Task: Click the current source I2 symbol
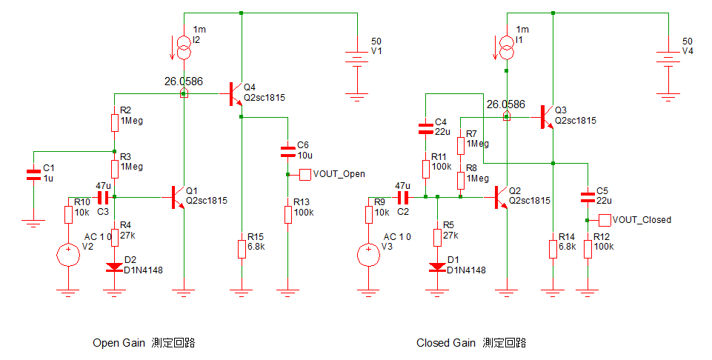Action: pos(184,48)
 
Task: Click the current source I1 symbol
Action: pos(507,48)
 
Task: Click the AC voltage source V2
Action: pos(68,255)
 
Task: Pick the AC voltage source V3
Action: pos(368,255)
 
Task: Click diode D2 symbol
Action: pos(114,267)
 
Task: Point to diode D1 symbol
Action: pos(437,267)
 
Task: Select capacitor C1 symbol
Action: pos(33,176)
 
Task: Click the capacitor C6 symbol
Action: pos(288,152)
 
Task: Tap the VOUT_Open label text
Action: pos(339,174)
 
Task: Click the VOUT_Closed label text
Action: pos(642,220)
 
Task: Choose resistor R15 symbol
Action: pos(242,249)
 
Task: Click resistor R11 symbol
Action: pos(425,168)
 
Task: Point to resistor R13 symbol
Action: pos(288,214)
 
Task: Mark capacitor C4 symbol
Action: pos(425,129)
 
